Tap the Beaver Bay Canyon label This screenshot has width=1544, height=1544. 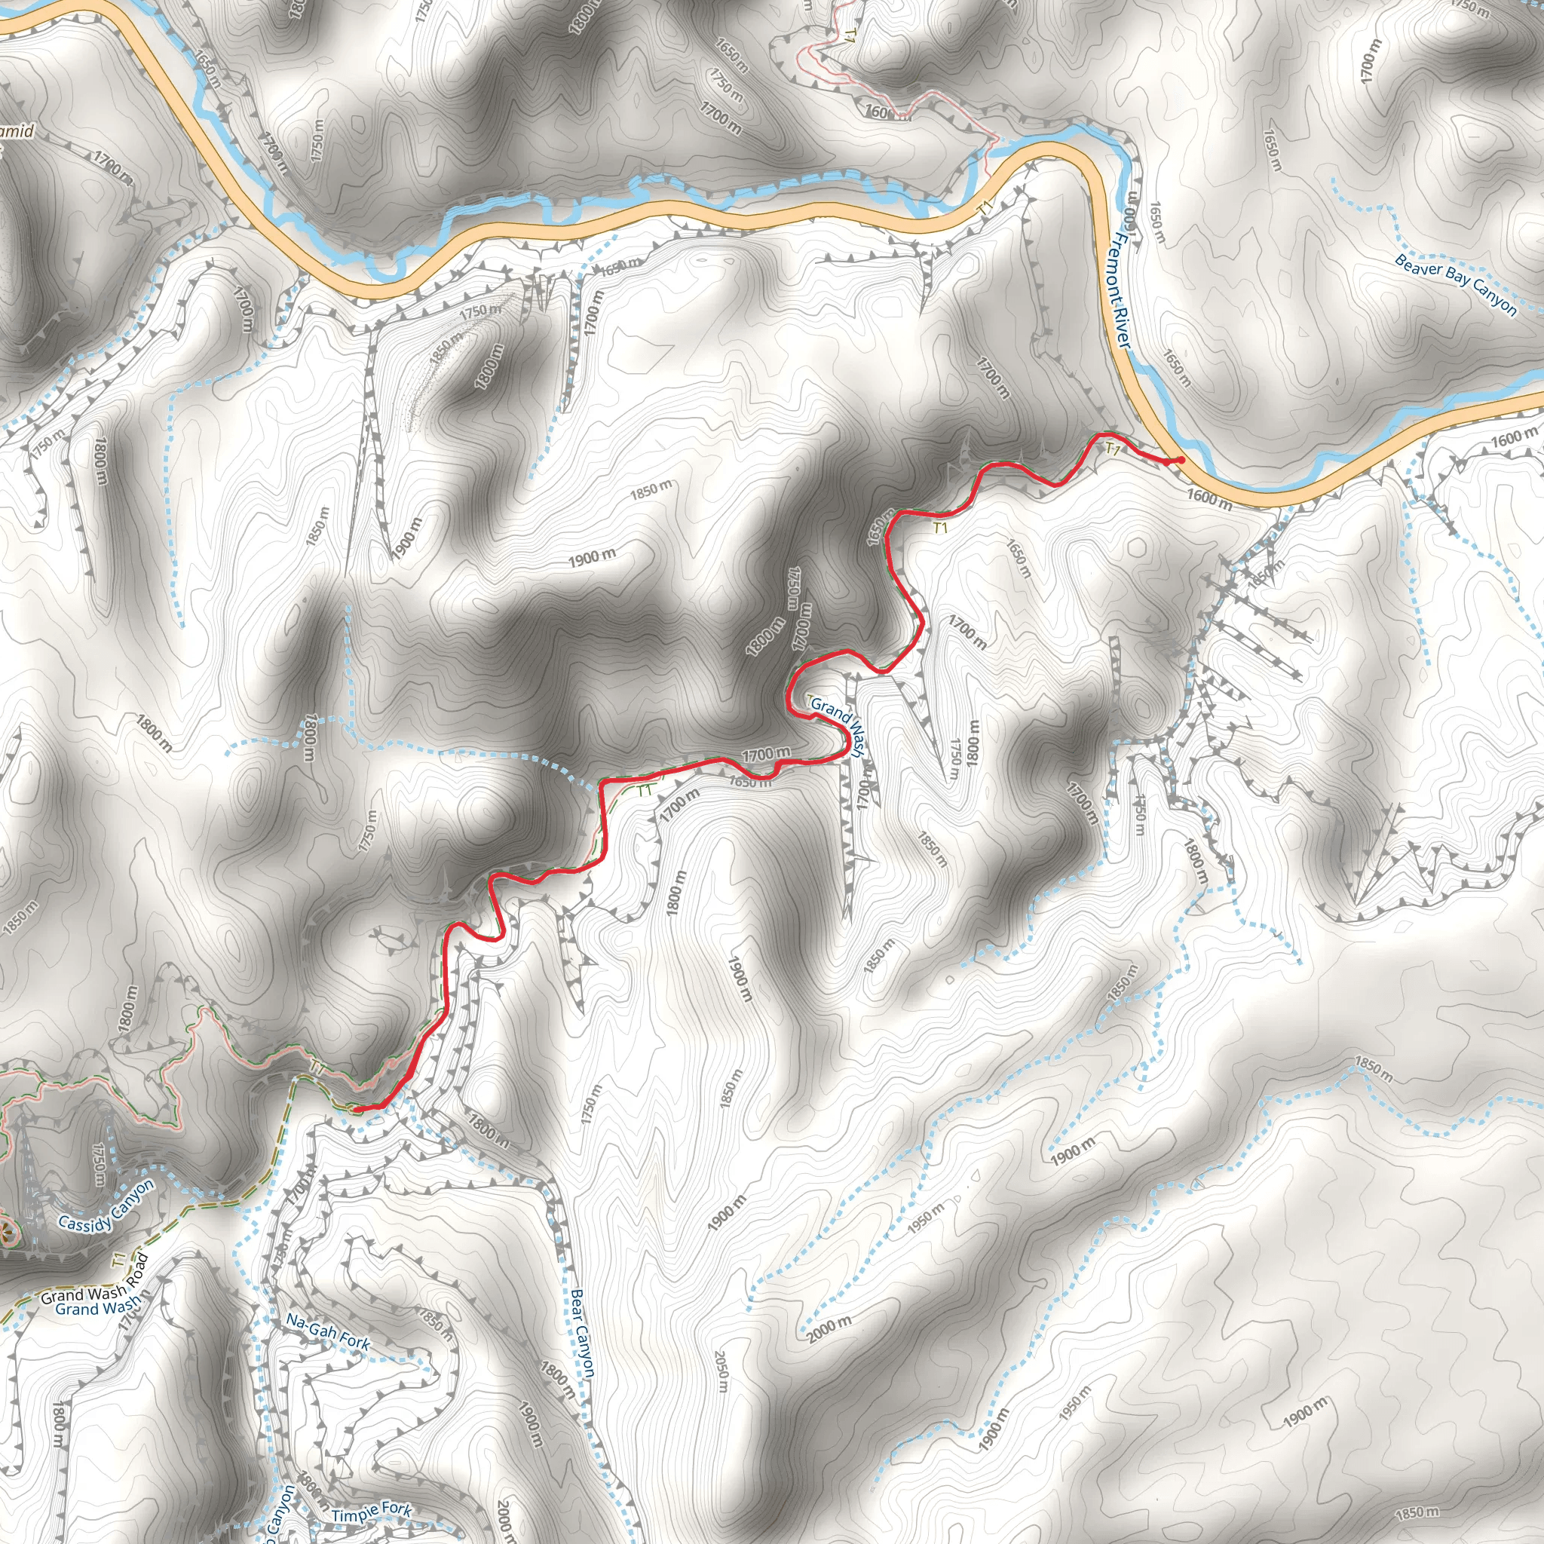pos(1454,284)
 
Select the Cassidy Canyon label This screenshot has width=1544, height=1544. pos(106,1206)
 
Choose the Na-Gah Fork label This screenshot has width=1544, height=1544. pos(328,1334)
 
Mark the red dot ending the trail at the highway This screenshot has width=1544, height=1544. pos(1180,460)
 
